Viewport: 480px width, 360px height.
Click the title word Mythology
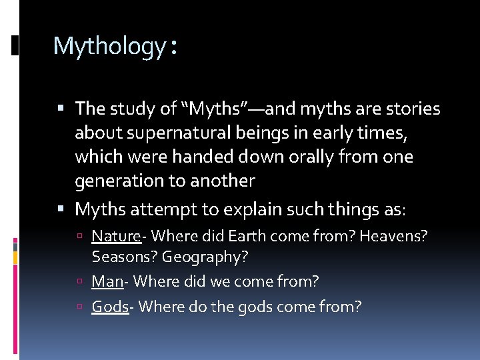pos(109,47)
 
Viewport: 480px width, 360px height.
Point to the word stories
pos(408,109)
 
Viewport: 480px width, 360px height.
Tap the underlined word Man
pos(107,281)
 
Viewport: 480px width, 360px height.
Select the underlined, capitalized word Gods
pos(109,307)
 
